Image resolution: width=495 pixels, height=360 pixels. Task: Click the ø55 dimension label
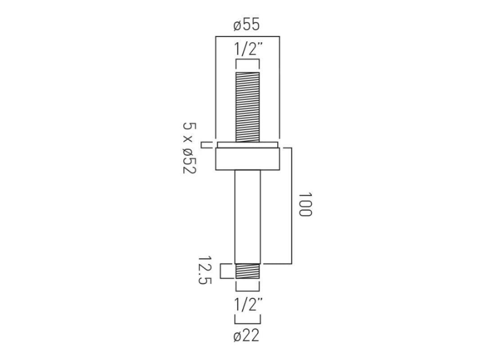tap(247, 24)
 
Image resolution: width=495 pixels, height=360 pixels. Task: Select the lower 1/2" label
tap(247, 306)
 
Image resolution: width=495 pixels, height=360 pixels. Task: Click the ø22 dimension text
tap(247, 336)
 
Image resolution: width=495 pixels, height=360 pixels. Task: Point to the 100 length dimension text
tap(305, 205)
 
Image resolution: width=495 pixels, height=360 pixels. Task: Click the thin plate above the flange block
tap(247, 144)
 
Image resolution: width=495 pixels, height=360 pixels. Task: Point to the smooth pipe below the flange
tap(247, 216)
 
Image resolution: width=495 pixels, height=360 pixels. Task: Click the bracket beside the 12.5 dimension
tap(222, 271)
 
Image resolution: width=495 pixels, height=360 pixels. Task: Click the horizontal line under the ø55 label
tap(247, 36)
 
